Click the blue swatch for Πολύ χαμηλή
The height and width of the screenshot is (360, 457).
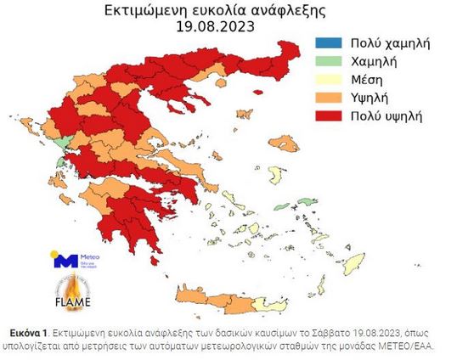[327, 42]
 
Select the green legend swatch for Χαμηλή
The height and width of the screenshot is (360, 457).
[327, 60]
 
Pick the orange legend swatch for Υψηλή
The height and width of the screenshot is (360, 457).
[327, 97]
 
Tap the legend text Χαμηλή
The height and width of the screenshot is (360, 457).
[374, 60]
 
